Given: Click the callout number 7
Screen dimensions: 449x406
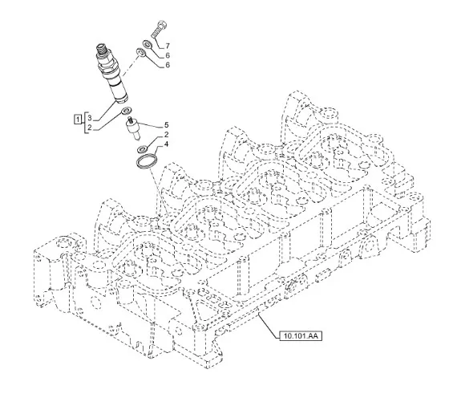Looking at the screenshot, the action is (168, 46).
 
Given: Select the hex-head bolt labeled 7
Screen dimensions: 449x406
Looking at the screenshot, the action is (159, 30).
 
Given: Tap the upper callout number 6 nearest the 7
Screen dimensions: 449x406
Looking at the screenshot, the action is (168, 55).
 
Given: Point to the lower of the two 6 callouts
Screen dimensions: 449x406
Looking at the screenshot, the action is (168, 65).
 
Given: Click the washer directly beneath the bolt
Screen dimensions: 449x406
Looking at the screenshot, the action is (148, 44).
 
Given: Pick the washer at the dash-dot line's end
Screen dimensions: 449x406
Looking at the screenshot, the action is (140, 52).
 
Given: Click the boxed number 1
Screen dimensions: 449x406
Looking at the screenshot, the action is (78, 118).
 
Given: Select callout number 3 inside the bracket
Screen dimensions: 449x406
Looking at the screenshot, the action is (90, 118).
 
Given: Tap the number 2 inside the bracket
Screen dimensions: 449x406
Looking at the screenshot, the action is (90, 128).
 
